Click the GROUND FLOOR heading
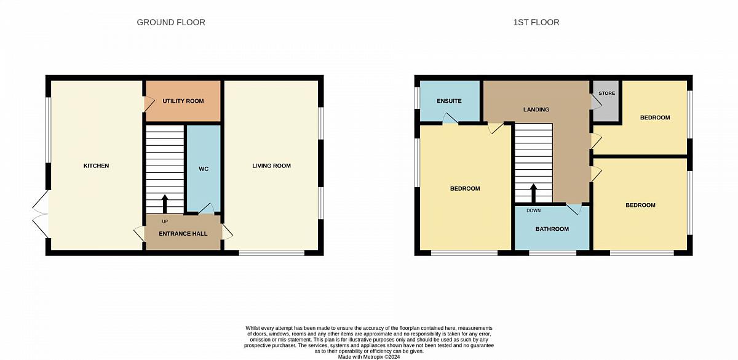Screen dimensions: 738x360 click(171, 22)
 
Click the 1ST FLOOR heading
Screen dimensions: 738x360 click(536, 22)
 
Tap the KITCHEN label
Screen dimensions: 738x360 click(96, 166)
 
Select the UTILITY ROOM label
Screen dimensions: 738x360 click(183, 101)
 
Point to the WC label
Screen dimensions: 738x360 click(204, 169)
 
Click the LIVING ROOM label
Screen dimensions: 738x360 click(271, 166)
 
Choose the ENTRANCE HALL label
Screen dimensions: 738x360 click(183, 234)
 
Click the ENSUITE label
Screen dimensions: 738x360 click(449, 101)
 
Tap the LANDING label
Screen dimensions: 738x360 click(536, 110)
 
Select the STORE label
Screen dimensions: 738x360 click(607, 94)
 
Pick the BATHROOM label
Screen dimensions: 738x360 click(552, 229)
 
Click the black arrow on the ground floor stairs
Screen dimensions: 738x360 click(165, 204)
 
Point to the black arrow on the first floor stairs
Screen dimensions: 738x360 click(533, 193)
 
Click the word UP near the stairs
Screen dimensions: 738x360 click(165, 222)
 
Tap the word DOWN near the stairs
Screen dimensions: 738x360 click(534, 210)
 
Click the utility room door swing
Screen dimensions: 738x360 click(149, 104)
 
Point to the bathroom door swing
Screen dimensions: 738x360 click(574, 209)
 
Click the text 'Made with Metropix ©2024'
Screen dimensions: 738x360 click(369, 357)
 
